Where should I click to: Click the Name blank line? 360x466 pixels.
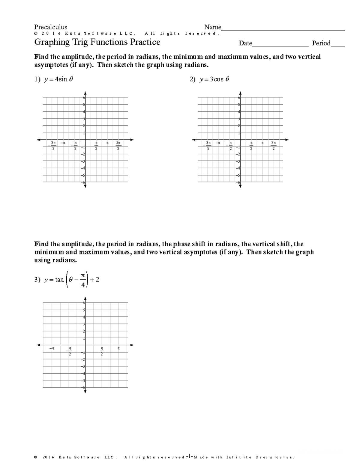[x=283, y=30]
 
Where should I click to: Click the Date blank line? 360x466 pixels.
[x=280, y=47]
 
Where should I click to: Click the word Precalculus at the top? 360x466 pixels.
[x=51, y=27]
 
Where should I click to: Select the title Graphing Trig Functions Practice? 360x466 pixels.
[x=97, y=42]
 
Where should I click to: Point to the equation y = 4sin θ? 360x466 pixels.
[x=58, y=80]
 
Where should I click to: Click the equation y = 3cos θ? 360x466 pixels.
[x=214, y=80]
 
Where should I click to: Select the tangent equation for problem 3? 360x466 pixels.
[x=71, y=280]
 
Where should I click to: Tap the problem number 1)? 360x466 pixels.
[x=37, y=80]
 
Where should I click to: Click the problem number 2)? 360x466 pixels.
[x=192, y=80]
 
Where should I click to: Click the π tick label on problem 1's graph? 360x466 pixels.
[x=107, y=143]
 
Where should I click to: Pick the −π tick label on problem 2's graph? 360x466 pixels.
[x=218, y=143]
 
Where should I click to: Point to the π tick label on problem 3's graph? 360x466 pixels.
[x=118, y=348]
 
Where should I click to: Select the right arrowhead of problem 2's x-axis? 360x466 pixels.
[x=287, y=140]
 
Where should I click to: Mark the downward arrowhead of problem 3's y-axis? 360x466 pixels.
[x=85, y=391]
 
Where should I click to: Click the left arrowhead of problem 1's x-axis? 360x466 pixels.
[x=39, y=140]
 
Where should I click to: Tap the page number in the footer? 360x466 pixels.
[x=187, y=457]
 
